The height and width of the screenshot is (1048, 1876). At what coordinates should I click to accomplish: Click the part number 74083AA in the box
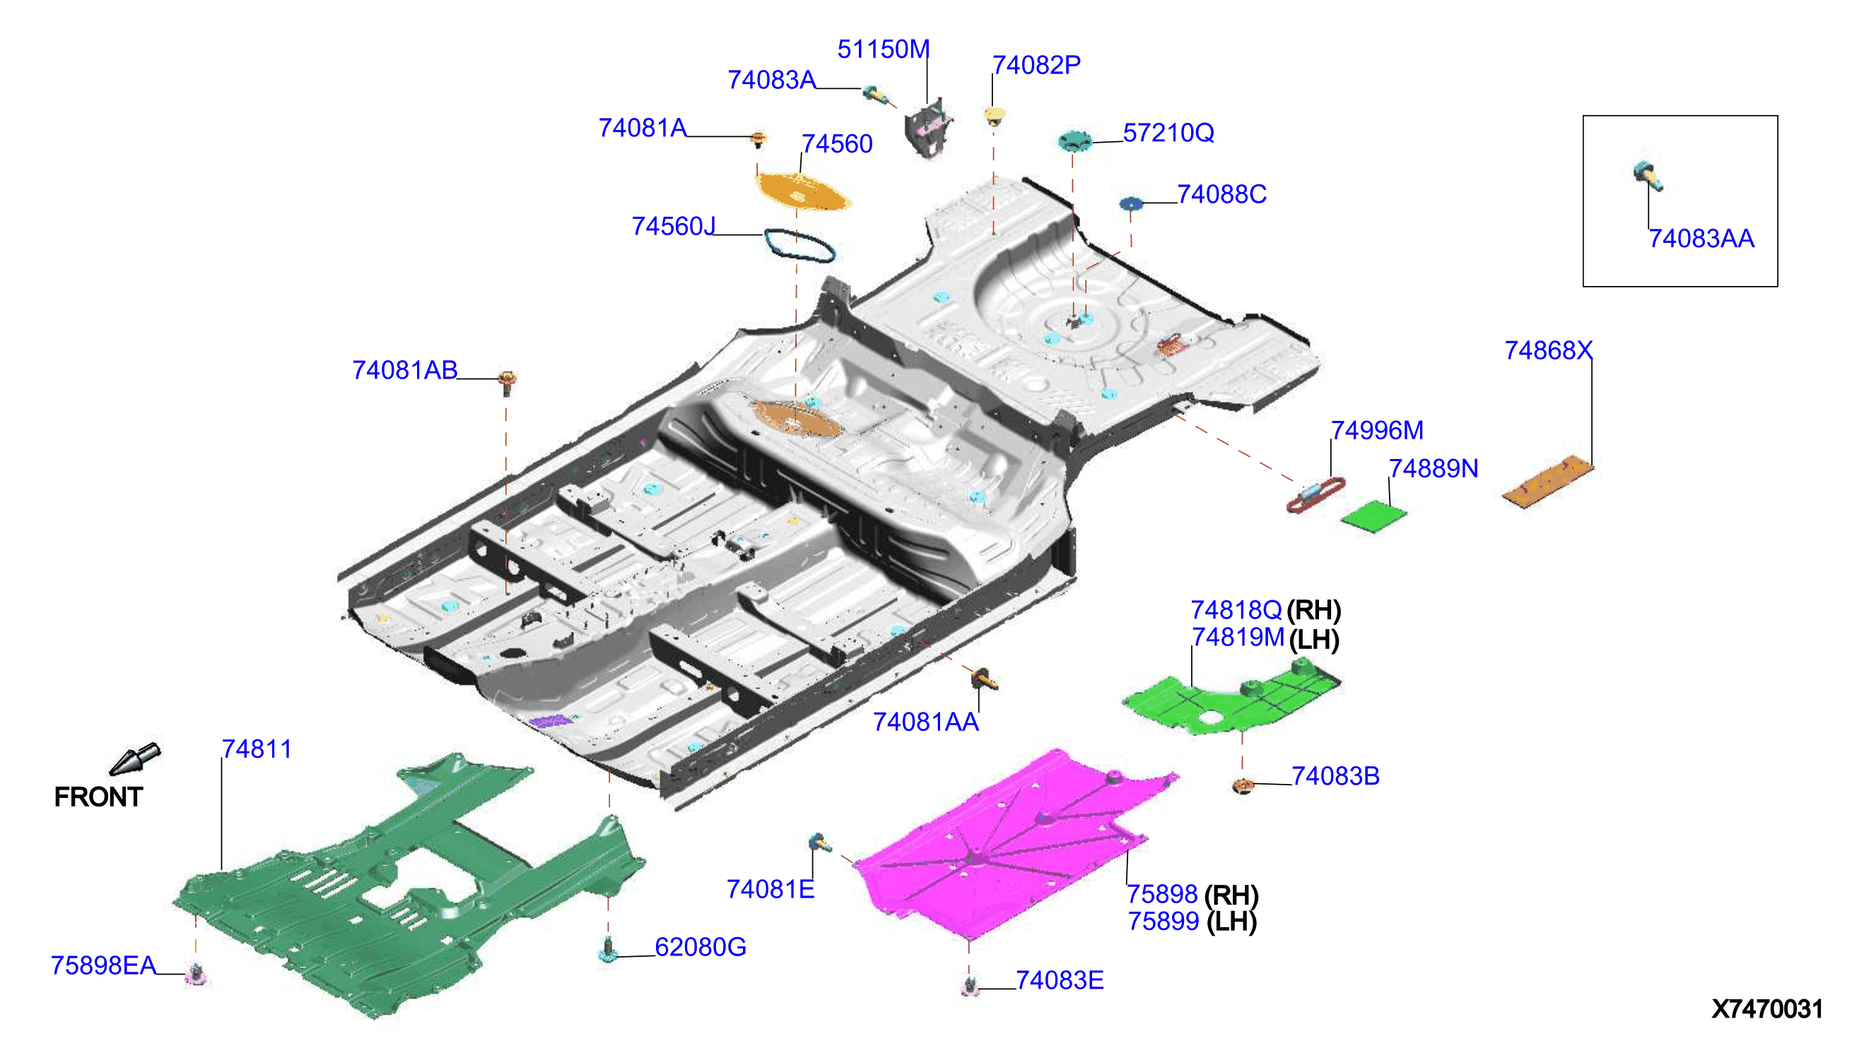pyautogui.click(x=1701, y=239)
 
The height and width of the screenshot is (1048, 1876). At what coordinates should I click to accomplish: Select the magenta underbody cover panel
pyautogui.click(x=1012, y=844)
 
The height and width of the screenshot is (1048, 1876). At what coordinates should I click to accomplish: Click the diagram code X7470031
pyautogui.click(x=1766, y=1008)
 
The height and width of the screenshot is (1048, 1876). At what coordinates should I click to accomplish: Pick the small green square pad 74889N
pyautogui.click(x=1373, y=516)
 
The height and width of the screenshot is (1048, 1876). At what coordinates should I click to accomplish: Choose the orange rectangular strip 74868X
pyautogui.click(x=1548, y=480)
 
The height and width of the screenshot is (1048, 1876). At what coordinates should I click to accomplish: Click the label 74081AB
pyautogui.click(x=405, y=371)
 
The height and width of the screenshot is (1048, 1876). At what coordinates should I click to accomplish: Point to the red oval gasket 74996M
pyautogui.click(x=1315, y=495)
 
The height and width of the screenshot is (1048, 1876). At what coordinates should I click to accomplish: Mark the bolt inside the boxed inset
pyautogui.click(x=1647, y=176)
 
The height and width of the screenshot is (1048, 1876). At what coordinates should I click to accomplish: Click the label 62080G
pyautogui.click(x=700, y=947)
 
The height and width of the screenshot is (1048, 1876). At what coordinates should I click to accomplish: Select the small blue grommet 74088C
pyautogui.click(x=1131, y=203)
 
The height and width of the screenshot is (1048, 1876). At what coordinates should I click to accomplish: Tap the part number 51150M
pyautogui.click(x=884, y=49)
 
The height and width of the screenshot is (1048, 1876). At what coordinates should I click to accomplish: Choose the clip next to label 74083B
pyautogui.click(x=1243, y=786)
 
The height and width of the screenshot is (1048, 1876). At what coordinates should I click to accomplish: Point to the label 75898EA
pyautogui.click(x=103, y=965)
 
